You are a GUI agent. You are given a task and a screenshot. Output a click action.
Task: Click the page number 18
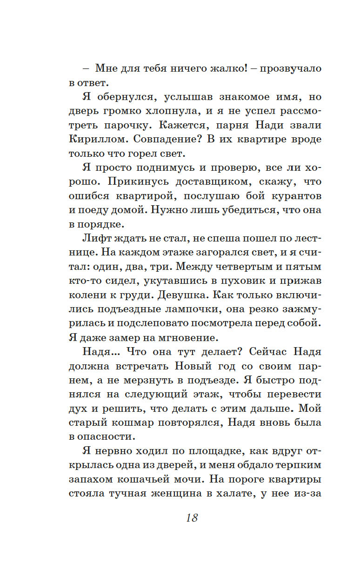coord(192,518)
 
